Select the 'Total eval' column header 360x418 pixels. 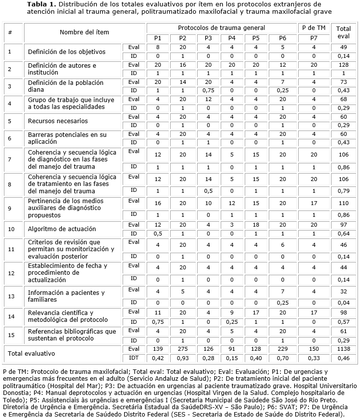click(344, 33)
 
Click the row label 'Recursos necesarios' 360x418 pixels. click(58, 121)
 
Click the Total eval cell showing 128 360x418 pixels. click(344, 65)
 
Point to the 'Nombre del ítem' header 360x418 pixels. click(84, 32)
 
